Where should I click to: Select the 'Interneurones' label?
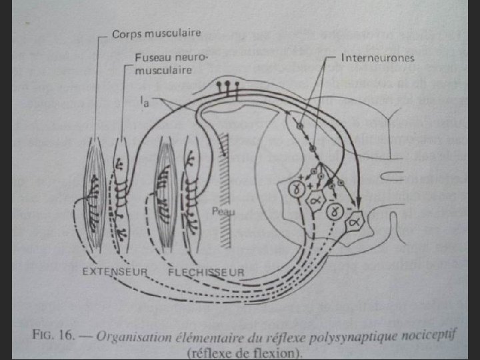[x=377, y=58]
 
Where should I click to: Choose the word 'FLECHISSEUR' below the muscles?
[x=206, y=272]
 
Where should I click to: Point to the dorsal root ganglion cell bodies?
[x=231, y=85]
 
